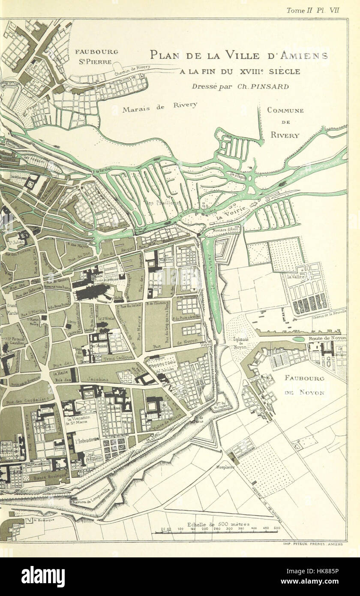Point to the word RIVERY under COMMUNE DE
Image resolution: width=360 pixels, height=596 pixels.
(285, 135)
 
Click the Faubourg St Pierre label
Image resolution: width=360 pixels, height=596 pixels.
(96, 56)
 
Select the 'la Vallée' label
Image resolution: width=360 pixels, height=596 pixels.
(296, 277)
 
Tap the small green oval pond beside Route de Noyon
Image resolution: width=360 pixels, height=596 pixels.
(299, 339)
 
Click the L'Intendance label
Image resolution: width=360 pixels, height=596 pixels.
(87, 440)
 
